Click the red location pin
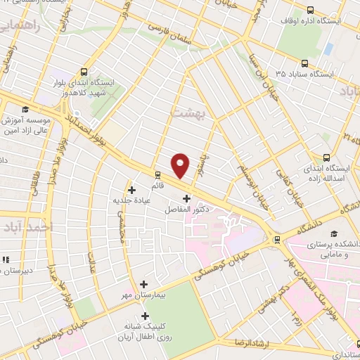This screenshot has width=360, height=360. [x=181, y=165]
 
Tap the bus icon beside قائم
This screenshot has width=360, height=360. [x=156, y=175]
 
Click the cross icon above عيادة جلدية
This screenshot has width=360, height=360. [x=131, y=189]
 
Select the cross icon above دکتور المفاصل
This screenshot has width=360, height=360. [x=186, y=199]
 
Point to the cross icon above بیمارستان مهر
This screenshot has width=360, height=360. [x=144, y=285]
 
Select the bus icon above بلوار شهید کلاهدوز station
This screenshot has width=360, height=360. [x=85, y=72]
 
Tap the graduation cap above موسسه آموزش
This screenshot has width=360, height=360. [x=26, y=109]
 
